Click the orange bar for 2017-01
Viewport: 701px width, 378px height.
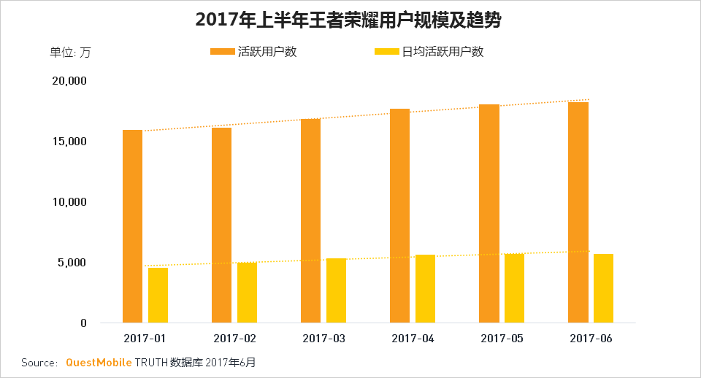pos(132,226)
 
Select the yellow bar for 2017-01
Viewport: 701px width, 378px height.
pos(158,295)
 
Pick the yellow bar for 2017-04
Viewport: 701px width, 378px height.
pos(425,288)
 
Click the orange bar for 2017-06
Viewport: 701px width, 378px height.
pos(578,212)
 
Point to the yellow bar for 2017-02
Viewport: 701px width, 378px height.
pos(247,292)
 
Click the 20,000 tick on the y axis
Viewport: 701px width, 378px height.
pos(70,80)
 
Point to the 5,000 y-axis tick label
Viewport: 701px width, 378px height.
pos(73,262)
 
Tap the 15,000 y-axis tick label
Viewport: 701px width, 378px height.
pos(70,141)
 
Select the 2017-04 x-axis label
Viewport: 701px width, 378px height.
pos(413,339)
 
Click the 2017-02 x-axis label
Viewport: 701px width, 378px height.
pos(234,339)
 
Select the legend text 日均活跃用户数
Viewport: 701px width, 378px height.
pos(443,52)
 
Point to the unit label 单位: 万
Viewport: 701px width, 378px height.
pos(70,52)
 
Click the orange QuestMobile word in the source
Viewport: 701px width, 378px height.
pos(99,362)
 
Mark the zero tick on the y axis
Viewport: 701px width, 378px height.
pos(84,323)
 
